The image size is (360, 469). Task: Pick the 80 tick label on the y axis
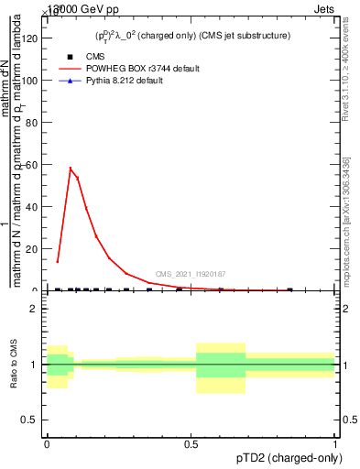click(x=33, y=123)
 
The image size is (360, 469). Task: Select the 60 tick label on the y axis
click(x=33, y=165)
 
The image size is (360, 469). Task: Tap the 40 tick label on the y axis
click(x=33, y=207)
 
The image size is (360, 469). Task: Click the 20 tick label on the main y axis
click(x=33, y=249)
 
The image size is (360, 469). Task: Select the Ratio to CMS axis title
click(x=14, y=364)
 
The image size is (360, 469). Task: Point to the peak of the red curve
click(x=70, y=168)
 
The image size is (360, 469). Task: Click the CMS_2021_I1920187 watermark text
click(x=191, y=274)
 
